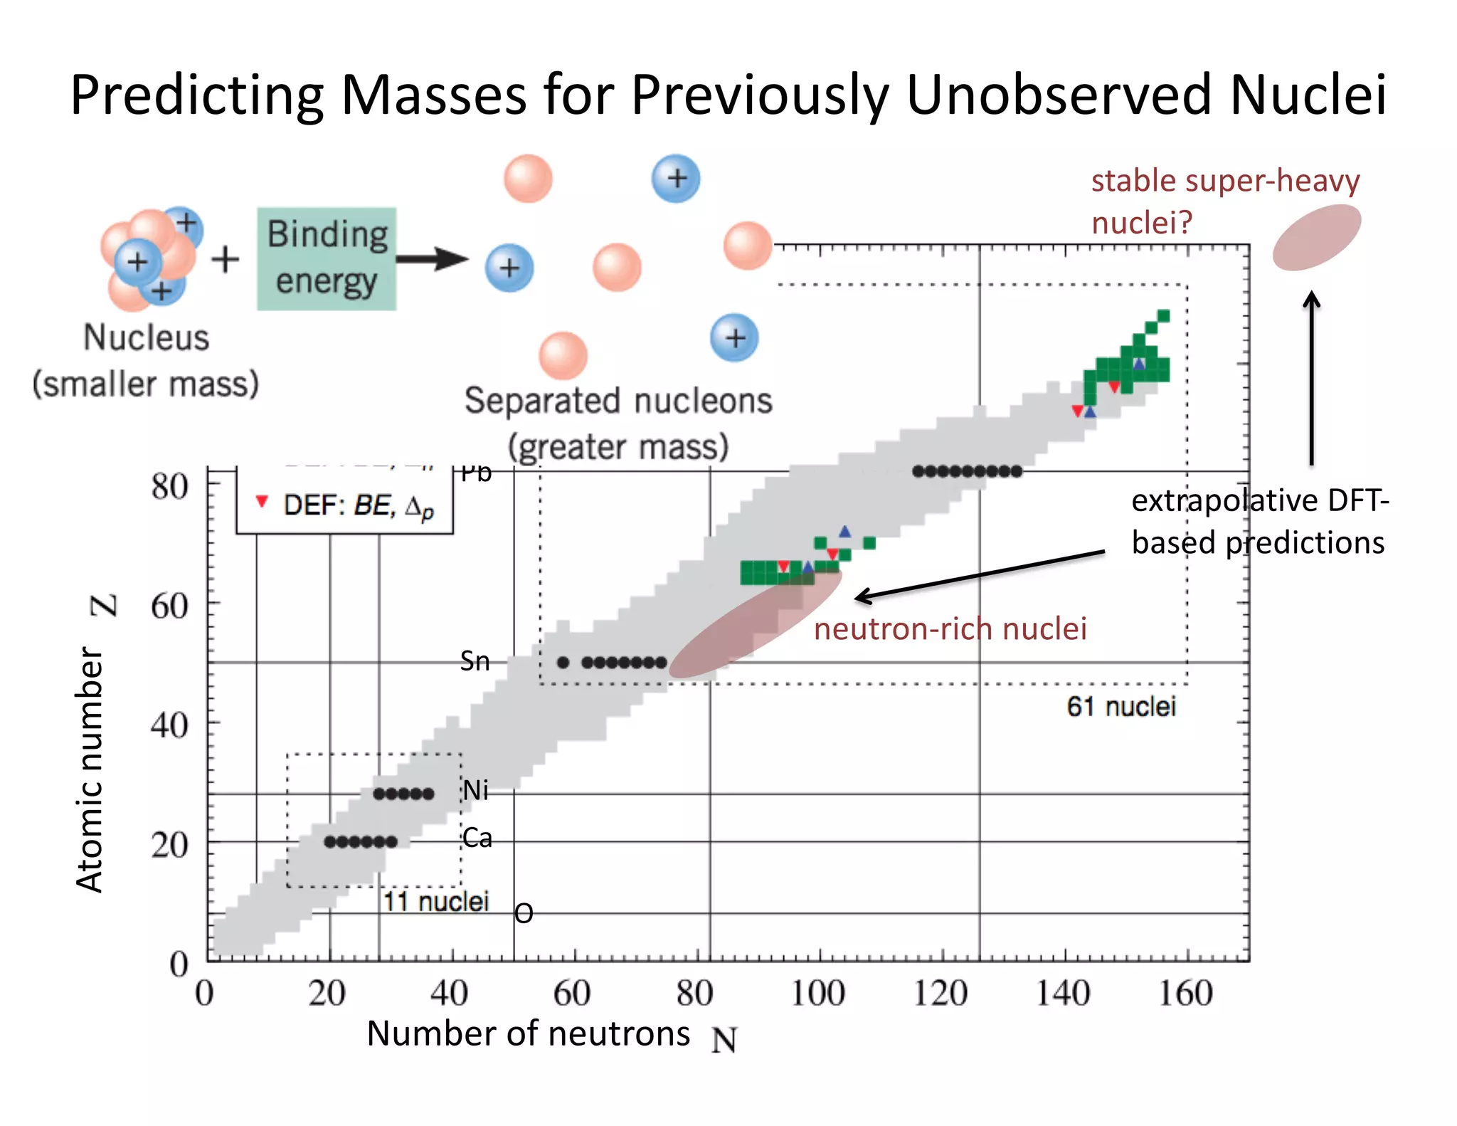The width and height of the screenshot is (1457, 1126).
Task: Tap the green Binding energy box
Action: point(327,258)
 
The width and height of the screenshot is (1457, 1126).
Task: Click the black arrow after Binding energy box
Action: point(433,258)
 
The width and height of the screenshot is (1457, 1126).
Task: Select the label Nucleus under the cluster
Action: point(146,337)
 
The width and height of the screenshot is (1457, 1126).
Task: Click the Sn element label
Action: point(475,661)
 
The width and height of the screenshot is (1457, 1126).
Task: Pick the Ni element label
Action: point(475,790)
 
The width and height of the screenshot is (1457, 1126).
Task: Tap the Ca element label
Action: point(477,838)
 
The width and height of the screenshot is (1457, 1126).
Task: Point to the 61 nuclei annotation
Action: point(1120,707)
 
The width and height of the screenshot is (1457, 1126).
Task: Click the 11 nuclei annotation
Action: point(435,902)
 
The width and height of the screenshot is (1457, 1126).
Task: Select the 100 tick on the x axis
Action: point(818,994)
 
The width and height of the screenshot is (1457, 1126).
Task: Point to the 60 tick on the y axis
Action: point(169,606)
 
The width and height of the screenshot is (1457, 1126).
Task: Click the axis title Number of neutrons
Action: point(528,1033)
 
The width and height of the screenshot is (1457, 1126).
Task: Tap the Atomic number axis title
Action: point(90,769)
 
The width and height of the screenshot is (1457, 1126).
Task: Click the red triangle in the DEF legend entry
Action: point(262,502)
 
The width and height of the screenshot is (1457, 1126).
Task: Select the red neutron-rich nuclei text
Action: point(950,629)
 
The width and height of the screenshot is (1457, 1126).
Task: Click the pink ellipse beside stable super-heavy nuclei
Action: point(1317,237)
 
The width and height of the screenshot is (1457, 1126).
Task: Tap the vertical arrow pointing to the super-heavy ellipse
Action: point(1311,377)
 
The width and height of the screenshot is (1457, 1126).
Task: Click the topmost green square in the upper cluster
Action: point(1164,316)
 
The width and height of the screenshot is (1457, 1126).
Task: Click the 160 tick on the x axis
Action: point(1185,994)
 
